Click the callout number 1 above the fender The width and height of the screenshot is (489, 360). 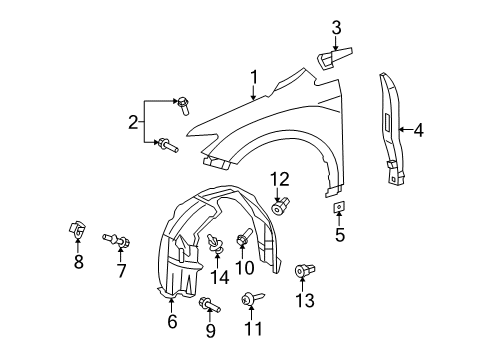coord(254,76)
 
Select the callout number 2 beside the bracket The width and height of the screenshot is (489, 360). coord(133,123)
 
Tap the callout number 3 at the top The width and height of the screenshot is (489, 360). coord(337,28)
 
